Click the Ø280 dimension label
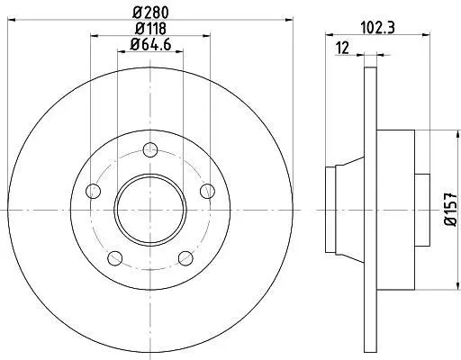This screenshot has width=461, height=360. [x=150, y=12]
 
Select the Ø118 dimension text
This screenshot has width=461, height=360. [x=150, y=29]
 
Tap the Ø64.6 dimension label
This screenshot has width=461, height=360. [x=150, y=45]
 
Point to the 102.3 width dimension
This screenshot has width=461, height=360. [x=377, y=28]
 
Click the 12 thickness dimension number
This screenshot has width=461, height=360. [x=342, y=48]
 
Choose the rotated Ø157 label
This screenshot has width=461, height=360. [x=450, y=210]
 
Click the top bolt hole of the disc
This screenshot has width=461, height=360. [x=150, y=149]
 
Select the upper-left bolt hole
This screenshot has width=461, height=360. [x=93, y=191]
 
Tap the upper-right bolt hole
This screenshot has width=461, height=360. [x=207, y=191]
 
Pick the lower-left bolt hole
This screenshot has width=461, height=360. [x=115, y=258]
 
